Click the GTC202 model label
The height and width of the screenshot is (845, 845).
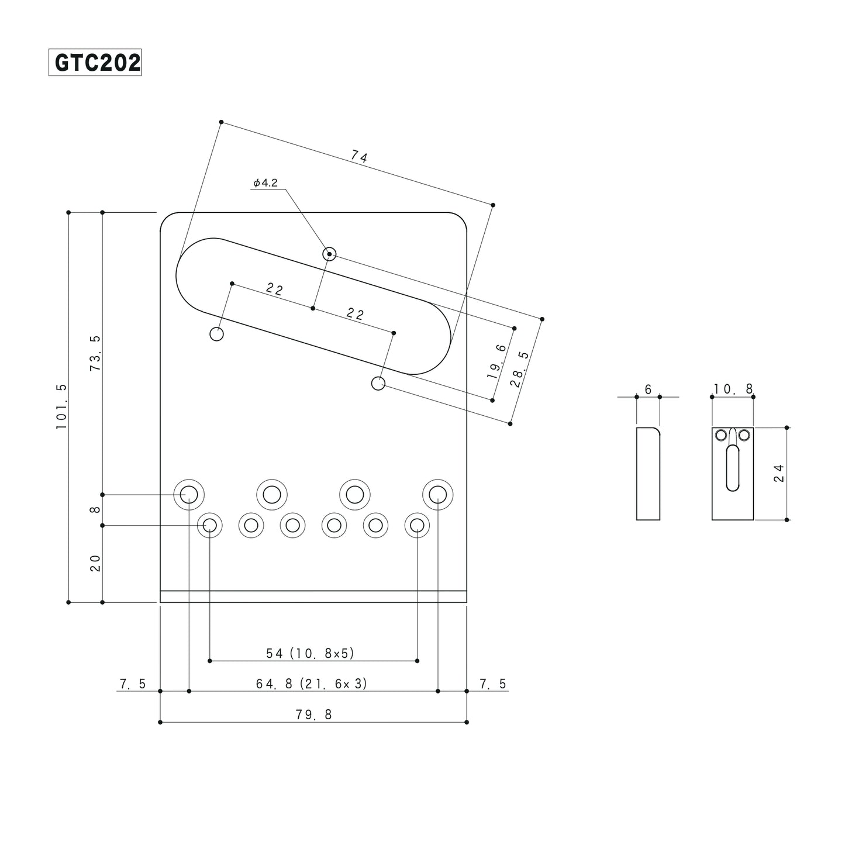click(95, 63)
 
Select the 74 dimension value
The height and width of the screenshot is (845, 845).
click(359, 157)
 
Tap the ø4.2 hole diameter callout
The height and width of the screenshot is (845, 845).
click(265, 183)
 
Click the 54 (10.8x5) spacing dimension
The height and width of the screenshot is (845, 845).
click(311, 653)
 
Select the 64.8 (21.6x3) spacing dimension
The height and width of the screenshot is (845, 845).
click(312, 684)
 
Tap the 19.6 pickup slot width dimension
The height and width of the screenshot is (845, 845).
click(497, 361)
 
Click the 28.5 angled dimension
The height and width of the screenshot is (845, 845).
click(519, 370)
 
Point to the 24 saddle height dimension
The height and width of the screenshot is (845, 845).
click(778, 473)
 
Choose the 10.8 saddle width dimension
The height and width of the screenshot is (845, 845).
click(733, 389)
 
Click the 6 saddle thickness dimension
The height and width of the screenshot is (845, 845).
click(648, 389)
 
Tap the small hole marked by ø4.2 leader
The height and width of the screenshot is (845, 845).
click(330, 254)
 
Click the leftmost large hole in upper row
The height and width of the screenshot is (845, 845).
click(188, 495)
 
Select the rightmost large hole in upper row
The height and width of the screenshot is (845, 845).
click(438, 495)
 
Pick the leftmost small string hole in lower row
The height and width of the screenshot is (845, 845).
click(209, 525)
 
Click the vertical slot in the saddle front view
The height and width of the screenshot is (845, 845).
click(732, 468)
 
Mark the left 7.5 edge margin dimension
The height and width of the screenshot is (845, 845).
click(133, 684)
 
